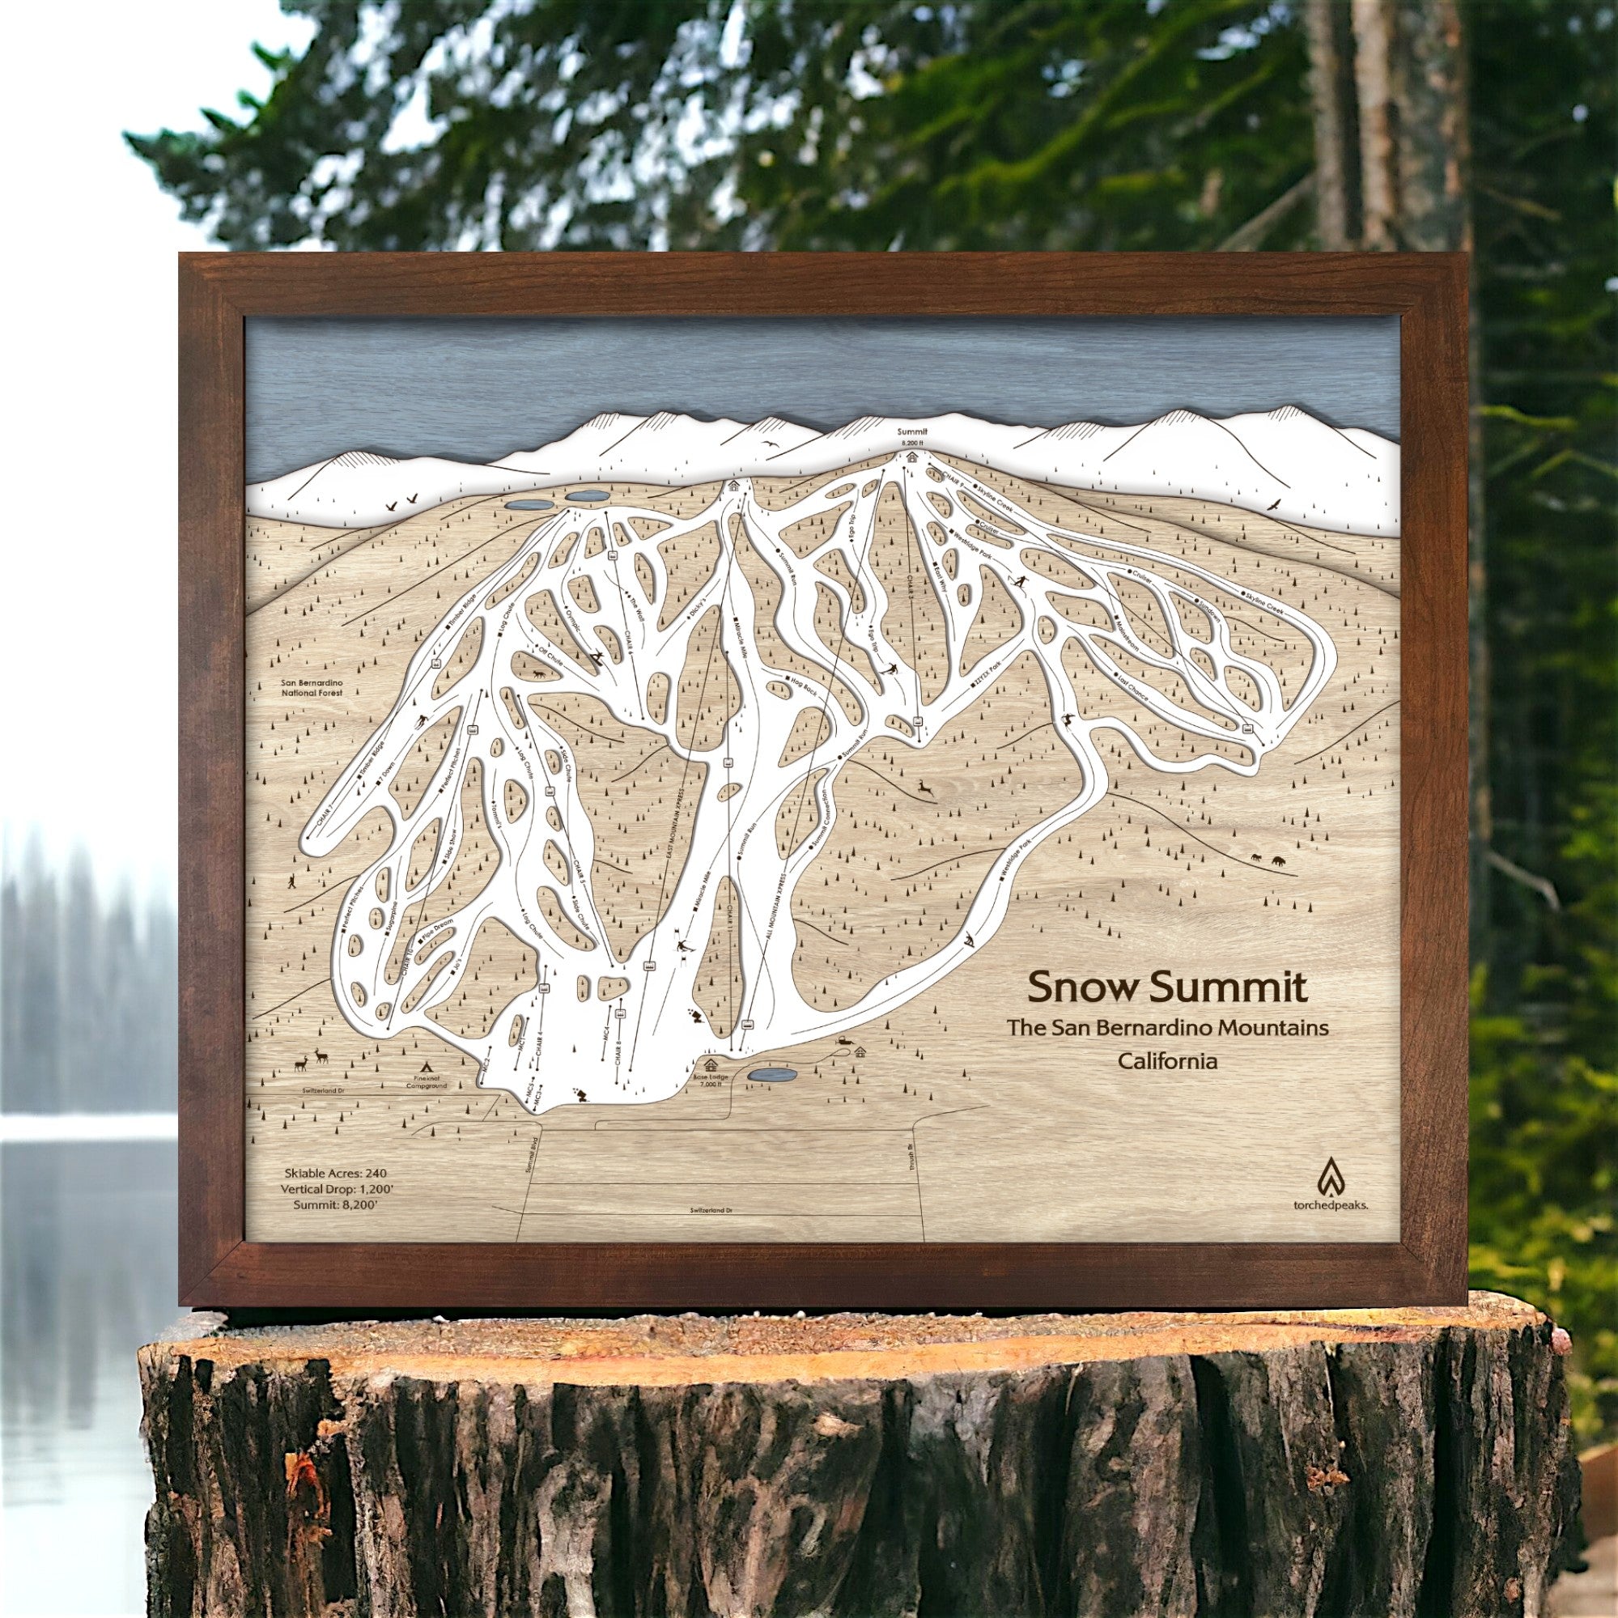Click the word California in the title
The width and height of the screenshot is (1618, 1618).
[x=1168, y=1061]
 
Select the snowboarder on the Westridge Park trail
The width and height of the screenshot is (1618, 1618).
[x=970, y=939]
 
